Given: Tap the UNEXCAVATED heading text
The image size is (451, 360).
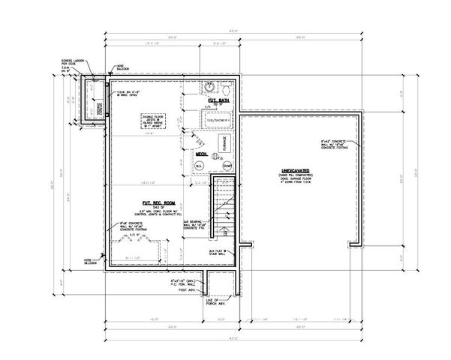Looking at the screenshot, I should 295,171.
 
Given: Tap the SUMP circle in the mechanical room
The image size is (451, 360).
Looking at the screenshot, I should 227,164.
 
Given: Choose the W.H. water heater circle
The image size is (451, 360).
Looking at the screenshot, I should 200,165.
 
